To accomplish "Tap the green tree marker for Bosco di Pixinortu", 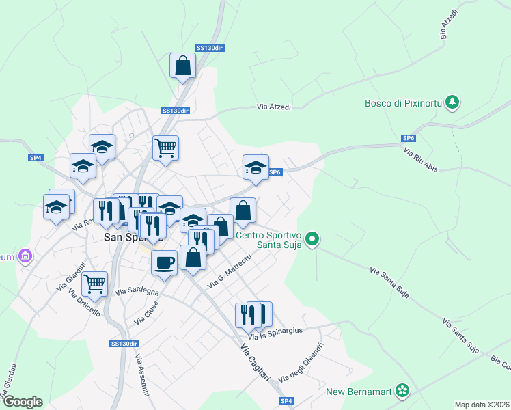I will [452, 103].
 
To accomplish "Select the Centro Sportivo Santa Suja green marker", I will [312, 239].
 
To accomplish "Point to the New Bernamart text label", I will [359, 392].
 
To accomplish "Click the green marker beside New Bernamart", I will [403, 391].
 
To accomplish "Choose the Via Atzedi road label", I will [274, 107].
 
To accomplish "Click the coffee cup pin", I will [164, 262].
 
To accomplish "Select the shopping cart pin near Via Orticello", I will [94, 282].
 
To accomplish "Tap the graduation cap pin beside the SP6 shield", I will [255, 167].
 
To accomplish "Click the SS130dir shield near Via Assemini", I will [124, 343].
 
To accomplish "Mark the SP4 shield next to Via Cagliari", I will [286, 400].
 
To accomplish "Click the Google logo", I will [22, 402].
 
